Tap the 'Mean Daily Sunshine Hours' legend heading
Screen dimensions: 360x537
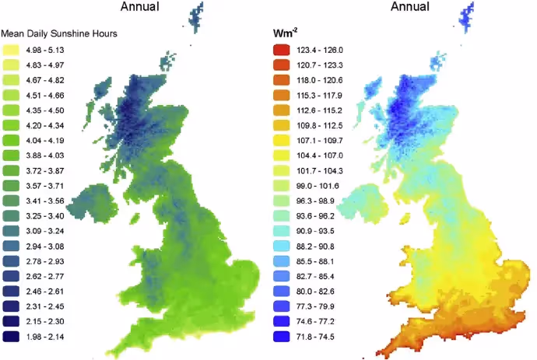[59, 34]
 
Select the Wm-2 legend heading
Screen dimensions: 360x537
[283, 34]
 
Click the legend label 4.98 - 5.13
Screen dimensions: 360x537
[44, 51]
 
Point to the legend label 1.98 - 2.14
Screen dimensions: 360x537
[44, 336]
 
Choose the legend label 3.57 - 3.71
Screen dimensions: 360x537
[44, 186]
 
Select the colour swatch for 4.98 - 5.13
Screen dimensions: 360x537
[12, 51]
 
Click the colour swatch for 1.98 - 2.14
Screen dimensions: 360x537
[12, 336]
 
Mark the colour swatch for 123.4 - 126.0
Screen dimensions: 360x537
[283, 51]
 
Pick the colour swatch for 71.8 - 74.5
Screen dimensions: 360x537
[283, 336]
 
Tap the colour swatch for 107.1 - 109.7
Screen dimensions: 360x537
[283, 141]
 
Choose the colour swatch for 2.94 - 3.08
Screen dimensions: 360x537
[12, 246]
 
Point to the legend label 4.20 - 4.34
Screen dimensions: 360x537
[44, 126]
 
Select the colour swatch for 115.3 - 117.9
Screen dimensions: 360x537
[283, 96]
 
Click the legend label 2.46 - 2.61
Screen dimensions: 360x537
[44, 291]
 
